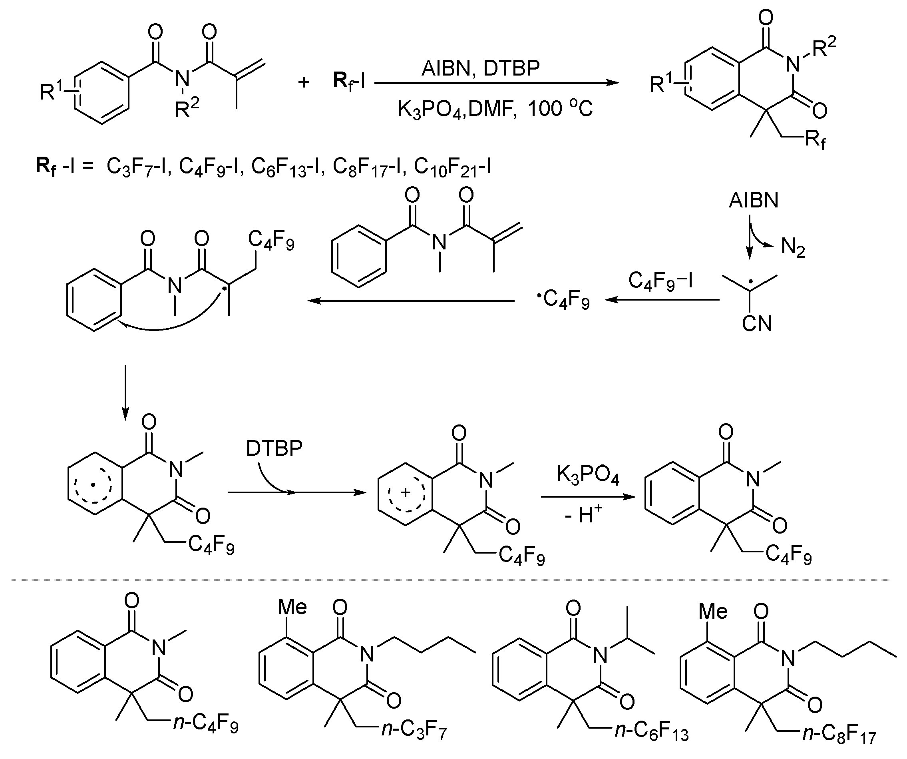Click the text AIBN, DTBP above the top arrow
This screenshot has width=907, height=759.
[x=480, y=68]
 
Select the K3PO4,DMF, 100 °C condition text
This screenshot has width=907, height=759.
[x=495, y=109]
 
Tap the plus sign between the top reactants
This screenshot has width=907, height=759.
[x=304, y=82]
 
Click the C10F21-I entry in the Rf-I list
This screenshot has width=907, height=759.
[x=452, y=166]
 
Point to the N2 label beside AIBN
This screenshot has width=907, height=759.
[x=793, y=247]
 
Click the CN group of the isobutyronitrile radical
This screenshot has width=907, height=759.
[x=757, y=324]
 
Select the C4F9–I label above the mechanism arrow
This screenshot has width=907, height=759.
[x=661, y=281]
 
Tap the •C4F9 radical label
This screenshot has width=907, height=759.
[x=563, y=299]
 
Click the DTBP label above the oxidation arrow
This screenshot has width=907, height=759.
[x=274, y=449]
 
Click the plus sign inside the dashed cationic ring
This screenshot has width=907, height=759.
[x=405, y=492]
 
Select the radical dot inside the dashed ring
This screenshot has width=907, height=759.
[x=92, y=486]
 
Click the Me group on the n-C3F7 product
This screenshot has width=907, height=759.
[x=292, y=607]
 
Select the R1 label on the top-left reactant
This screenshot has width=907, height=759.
[x=54, y=90]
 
